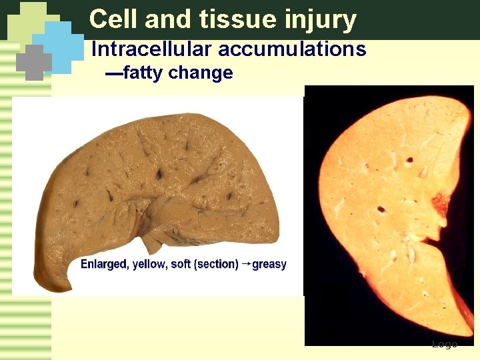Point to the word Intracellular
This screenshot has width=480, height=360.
tap(151, 49)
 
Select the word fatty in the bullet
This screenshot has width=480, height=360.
tap(143, 73)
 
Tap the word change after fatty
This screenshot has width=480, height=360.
tap(201, 73)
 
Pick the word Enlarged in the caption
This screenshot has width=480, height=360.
tap(103, 264)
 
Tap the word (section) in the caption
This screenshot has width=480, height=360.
tap(216, 264)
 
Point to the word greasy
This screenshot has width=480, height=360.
tap(269, 264)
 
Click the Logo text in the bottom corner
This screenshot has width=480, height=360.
tap(444, 344)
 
